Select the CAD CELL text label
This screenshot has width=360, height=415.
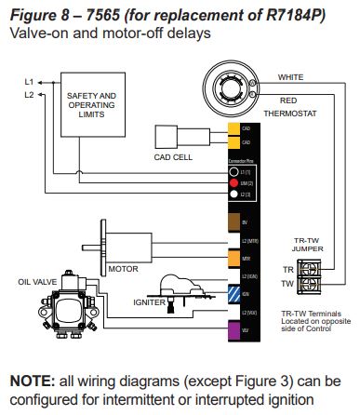pyautogui.click(x=174, y=157)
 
